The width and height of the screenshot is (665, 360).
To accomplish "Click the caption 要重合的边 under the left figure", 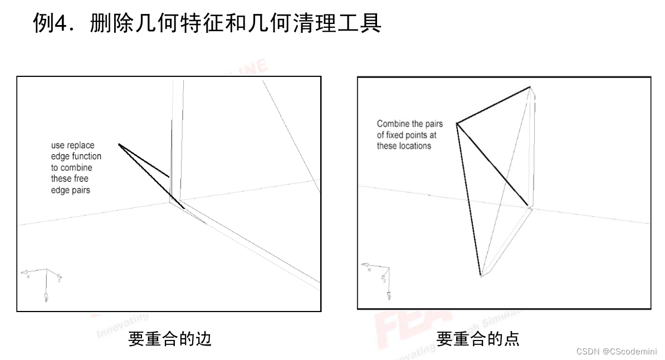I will click(170, 338).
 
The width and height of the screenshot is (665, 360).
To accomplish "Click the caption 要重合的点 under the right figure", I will click(478, 338).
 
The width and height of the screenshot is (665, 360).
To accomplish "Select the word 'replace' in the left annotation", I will click(81, 145).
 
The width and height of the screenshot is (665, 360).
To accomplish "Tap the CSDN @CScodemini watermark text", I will click(617, 351).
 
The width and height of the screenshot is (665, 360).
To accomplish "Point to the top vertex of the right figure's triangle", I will click(530, 87).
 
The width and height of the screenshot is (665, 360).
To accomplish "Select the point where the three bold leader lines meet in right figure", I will click(457, 123).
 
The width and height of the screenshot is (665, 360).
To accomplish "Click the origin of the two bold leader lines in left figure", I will click(119, 144).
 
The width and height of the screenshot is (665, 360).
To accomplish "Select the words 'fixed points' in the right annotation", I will click(410, 135).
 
